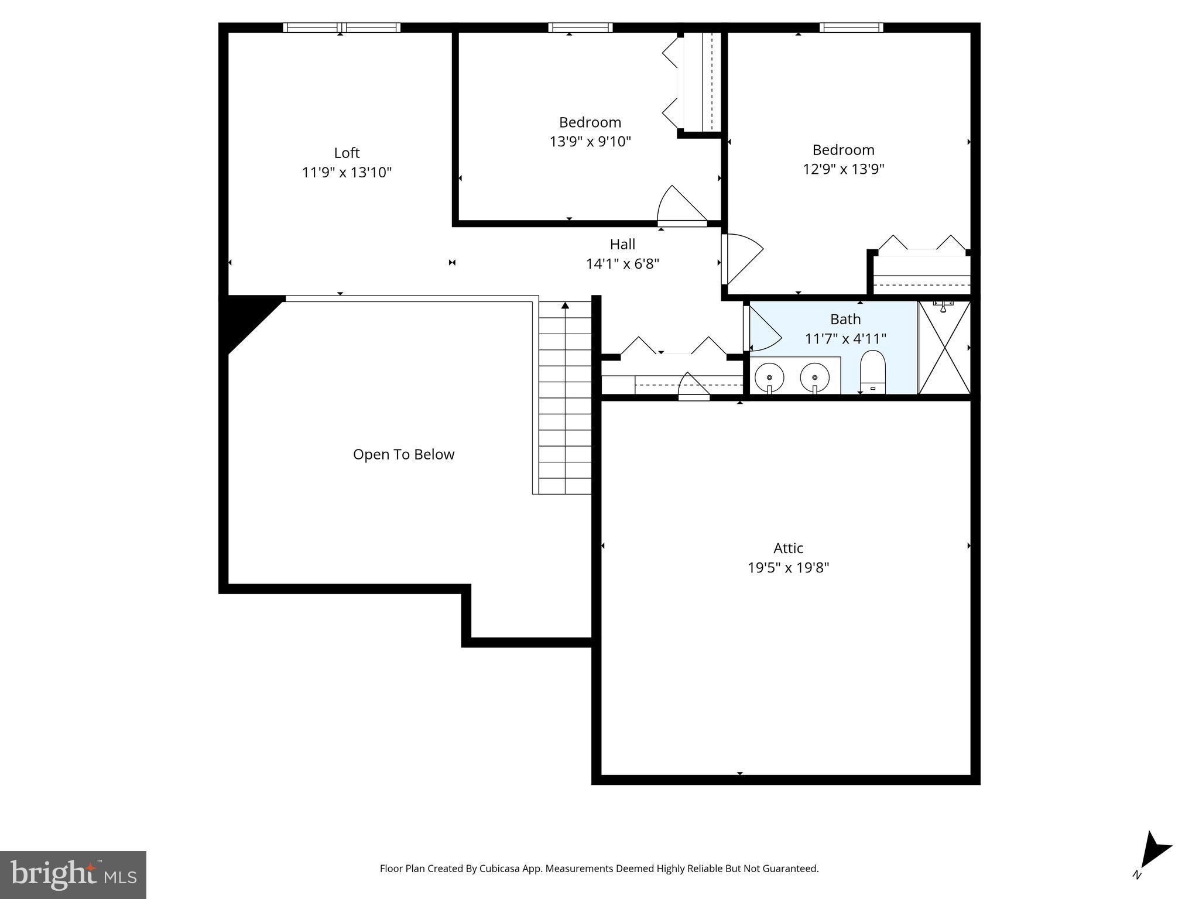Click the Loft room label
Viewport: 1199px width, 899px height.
tap(347, 153)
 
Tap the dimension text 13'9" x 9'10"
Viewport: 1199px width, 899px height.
tap(590, 142)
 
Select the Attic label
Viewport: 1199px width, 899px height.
tap(788, 548)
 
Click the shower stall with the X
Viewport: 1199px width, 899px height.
tap(944, 348)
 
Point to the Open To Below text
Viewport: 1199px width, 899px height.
tap(403, 455)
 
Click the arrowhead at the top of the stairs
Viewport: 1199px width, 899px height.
tap(565, 306)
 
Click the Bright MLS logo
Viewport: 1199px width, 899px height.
tap(73, 874)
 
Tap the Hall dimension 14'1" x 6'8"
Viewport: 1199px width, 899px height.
tap(622, 264)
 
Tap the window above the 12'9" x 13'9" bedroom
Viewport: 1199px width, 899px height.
tap(851, 28)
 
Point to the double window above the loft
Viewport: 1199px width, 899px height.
tap(342, 28)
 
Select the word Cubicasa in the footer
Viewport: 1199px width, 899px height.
tap(501, 869)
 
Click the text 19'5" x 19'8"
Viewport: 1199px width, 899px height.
tap(788, 568)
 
